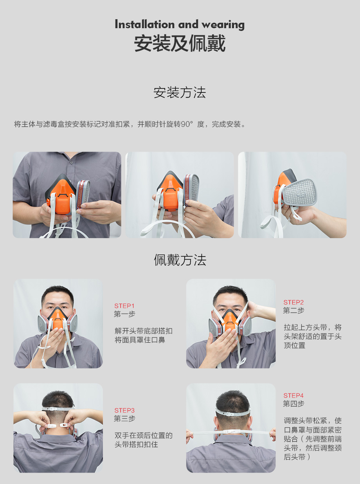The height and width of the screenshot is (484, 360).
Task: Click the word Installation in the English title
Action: click(145, 24)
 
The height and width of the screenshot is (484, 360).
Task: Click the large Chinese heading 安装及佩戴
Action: click(180, 43)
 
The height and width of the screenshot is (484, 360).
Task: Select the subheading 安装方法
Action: click(180, 92)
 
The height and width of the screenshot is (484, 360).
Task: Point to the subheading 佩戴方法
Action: click(180, 260)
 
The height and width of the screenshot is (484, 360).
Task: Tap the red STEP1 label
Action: click(124, 306)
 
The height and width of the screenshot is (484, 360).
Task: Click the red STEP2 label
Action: click(293, 302)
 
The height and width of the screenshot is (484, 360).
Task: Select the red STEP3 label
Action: click(124, 410)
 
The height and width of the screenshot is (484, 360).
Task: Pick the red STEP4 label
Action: click(293, 396)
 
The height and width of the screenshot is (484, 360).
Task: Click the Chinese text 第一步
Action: click(124, 314)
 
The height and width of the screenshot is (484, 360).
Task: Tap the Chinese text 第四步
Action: click(293, 404)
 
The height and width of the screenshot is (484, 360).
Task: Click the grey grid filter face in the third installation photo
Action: click(300, 192)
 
